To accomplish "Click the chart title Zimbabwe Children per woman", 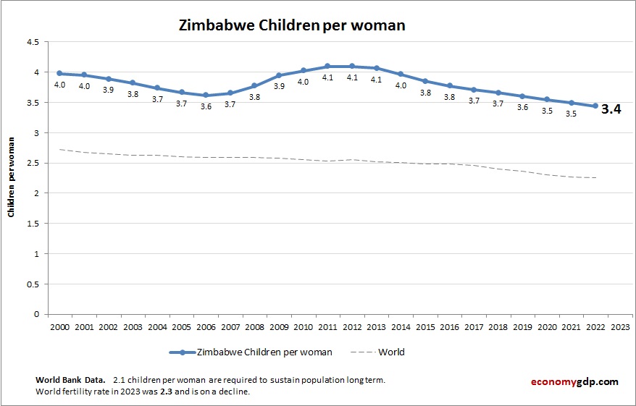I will (292, 25).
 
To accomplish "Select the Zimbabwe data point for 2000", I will (59, 73).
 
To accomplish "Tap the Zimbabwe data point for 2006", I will (206, 95).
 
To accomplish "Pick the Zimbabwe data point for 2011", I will (327, 66).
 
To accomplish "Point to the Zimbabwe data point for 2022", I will (595, 106).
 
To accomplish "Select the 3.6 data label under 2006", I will (206, 106).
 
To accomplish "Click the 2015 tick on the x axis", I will (425, 326).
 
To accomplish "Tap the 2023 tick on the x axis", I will (620, 326).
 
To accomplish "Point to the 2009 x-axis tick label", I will (279, 326).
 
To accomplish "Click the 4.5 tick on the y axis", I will (33, 42).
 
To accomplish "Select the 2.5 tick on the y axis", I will (33, 163).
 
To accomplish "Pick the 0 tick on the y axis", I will (36, 314).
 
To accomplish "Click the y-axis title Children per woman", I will (12, 177).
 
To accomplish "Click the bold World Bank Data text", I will (70, 380).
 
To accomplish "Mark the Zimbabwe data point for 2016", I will (449, 85).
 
